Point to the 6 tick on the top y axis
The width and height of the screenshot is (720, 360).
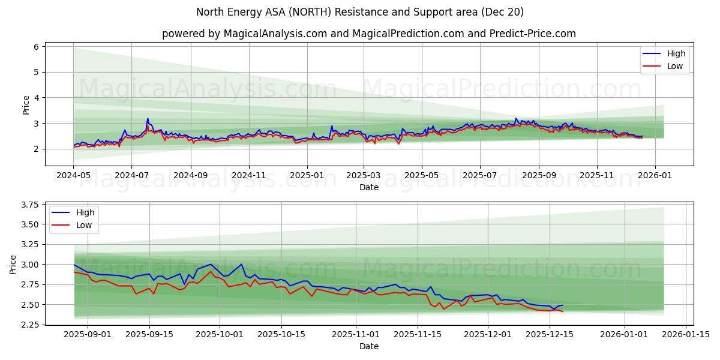pyautogui.click(x=36, y=47)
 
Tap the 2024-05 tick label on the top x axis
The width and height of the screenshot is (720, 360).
pyautogui.click(x=74, y=176)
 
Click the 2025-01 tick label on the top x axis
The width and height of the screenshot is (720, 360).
pyautogui.click(x=307, y=176)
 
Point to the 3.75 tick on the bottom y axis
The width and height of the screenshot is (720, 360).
pyautogui.click(x=29, y=205)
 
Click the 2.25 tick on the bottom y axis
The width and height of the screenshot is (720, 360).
pyautogui.click(x=29, y=325)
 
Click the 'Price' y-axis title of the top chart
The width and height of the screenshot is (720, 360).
pyautogui.click(x=26, y=104)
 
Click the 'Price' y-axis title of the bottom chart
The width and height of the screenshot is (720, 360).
pyautogui.click(x=13, y=265)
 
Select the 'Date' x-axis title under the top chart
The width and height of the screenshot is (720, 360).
pyautogui.click(x=368, y=187)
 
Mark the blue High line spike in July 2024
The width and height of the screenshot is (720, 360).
pyautogui.click(x=147, y=119)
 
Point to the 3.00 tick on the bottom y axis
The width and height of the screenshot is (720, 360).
pyautogui.click(x=29, y=265)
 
